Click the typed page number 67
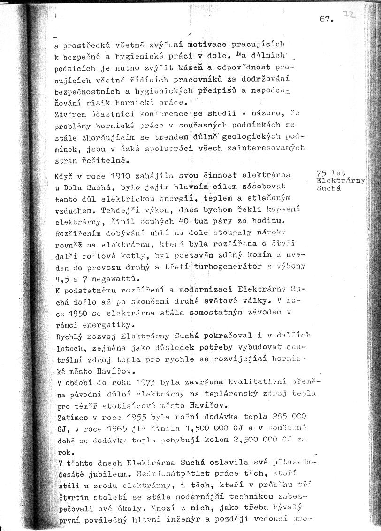(326, 19)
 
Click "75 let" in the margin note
(331, 173)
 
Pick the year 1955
(140, 417)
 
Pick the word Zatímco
(72, 417)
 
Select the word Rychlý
(69, 336)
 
